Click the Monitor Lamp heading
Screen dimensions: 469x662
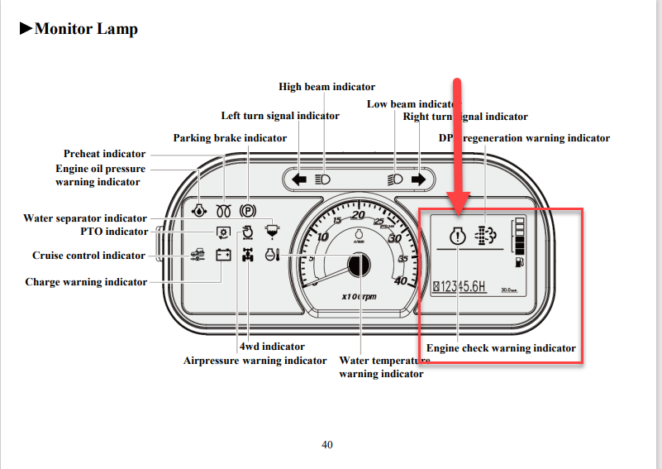click(x=79, y=29)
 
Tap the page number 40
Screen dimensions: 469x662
click(x=327, y=445)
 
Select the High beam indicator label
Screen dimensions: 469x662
click(x=326, y=87)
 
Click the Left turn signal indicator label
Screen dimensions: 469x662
click(x=280, y=116)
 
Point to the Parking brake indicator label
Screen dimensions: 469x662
click(x=230, y=138)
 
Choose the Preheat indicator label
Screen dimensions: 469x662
click(x=104, y=154)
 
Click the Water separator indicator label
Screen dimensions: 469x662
click(x=85, y=218)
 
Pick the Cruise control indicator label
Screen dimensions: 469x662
click(x=88, y=256)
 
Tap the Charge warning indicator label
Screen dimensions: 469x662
click(x=86, y=282)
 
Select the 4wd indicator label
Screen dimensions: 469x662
click(x=272, y=347)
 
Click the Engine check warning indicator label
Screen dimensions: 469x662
click(x=501, y=348)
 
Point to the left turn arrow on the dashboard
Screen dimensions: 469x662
click(x=299, y=179)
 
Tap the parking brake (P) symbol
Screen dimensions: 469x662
click(x=247, y=210)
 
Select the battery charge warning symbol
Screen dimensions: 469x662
click(x=223, y=256)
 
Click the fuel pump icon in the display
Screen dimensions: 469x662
click(x=519, y=262)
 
